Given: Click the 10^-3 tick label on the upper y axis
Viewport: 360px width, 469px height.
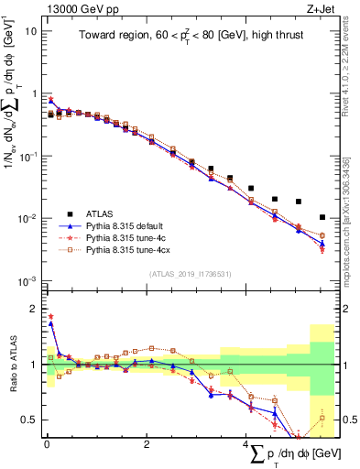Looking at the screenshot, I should pos(28,280).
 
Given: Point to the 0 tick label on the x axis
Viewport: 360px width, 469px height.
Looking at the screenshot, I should pos(47,445).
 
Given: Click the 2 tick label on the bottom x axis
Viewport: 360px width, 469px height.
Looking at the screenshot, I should pos(147,445).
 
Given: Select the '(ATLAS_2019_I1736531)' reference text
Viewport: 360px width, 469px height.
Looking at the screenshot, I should pos(190,274).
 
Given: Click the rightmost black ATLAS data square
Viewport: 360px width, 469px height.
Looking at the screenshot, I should pos(322,217).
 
